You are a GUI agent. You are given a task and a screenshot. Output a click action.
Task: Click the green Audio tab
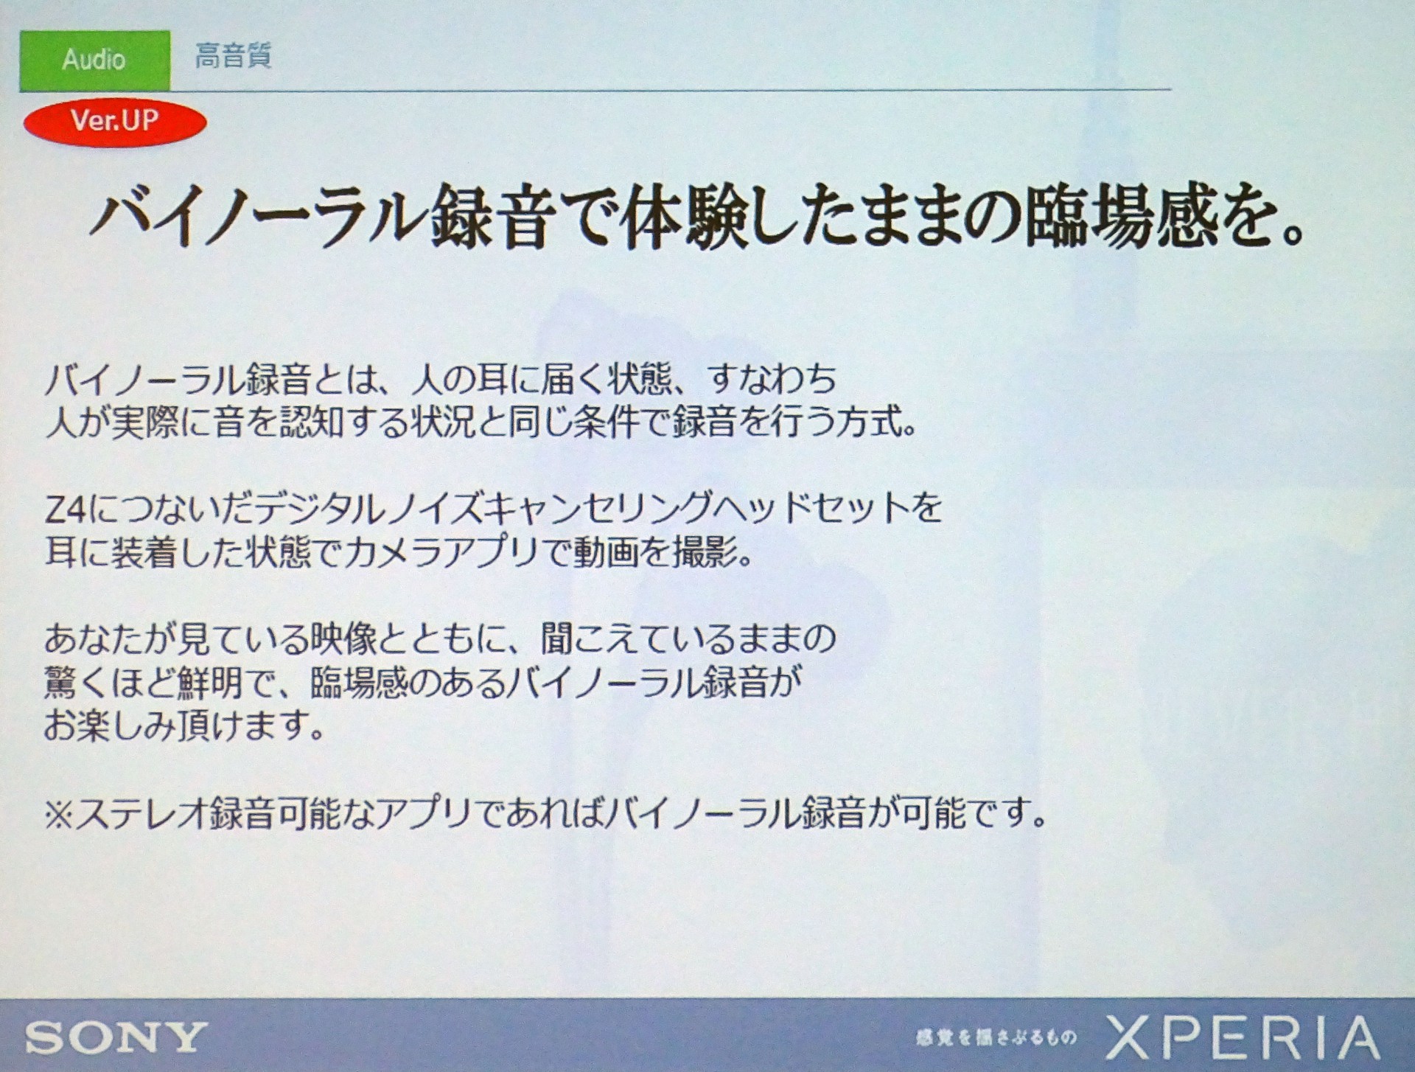(x=94, y=60)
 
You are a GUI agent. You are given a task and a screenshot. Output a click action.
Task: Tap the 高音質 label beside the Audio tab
(x=233, y=56)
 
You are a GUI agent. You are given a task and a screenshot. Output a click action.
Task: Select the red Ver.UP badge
(x=115, y=122)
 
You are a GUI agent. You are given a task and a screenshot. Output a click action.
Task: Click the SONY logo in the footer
(x=116, y=1037)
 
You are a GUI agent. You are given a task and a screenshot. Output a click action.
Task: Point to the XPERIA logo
(x=1243, y=1037)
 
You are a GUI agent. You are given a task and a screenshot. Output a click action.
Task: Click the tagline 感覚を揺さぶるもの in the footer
(x=996, y=1038)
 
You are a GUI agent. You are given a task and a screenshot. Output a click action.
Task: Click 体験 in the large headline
(x=683, y=217)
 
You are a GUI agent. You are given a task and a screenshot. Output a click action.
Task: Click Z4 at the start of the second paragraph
(x=66, y=509)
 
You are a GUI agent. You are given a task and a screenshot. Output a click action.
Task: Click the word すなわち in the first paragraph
(x=772, y=379)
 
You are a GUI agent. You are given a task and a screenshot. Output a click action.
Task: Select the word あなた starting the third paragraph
(x=94, y=638)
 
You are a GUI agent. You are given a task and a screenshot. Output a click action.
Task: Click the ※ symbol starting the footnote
(x=60, y=813)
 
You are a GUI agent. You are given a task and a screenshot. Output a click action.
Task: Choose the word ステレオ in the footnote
(x=141, y=813)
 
